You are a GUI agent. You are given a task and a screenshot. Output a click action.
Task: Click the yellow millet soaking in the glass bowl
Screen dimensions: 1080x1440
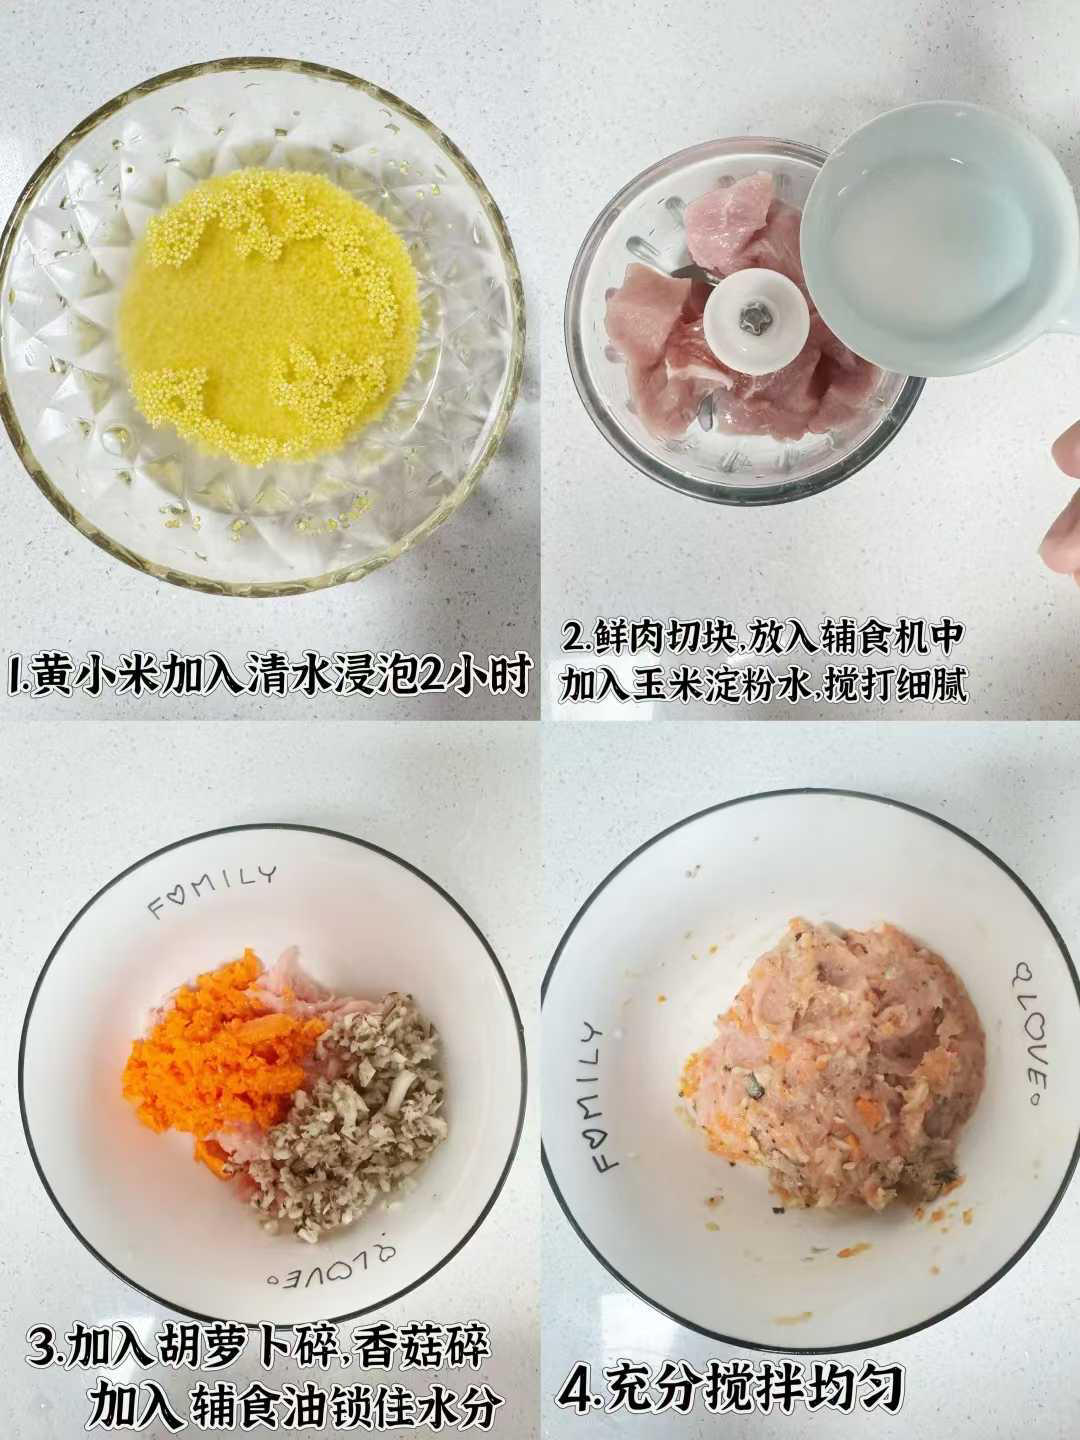[x=270, y=315]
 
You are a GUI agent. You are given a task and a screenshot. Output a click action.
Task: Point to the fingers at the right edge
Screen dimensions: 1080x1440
[x=1062, y=505]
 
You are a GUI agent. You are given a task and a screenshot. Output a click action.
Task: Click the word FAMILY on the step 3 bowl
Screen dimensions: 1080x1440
[x=211, y=892]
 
